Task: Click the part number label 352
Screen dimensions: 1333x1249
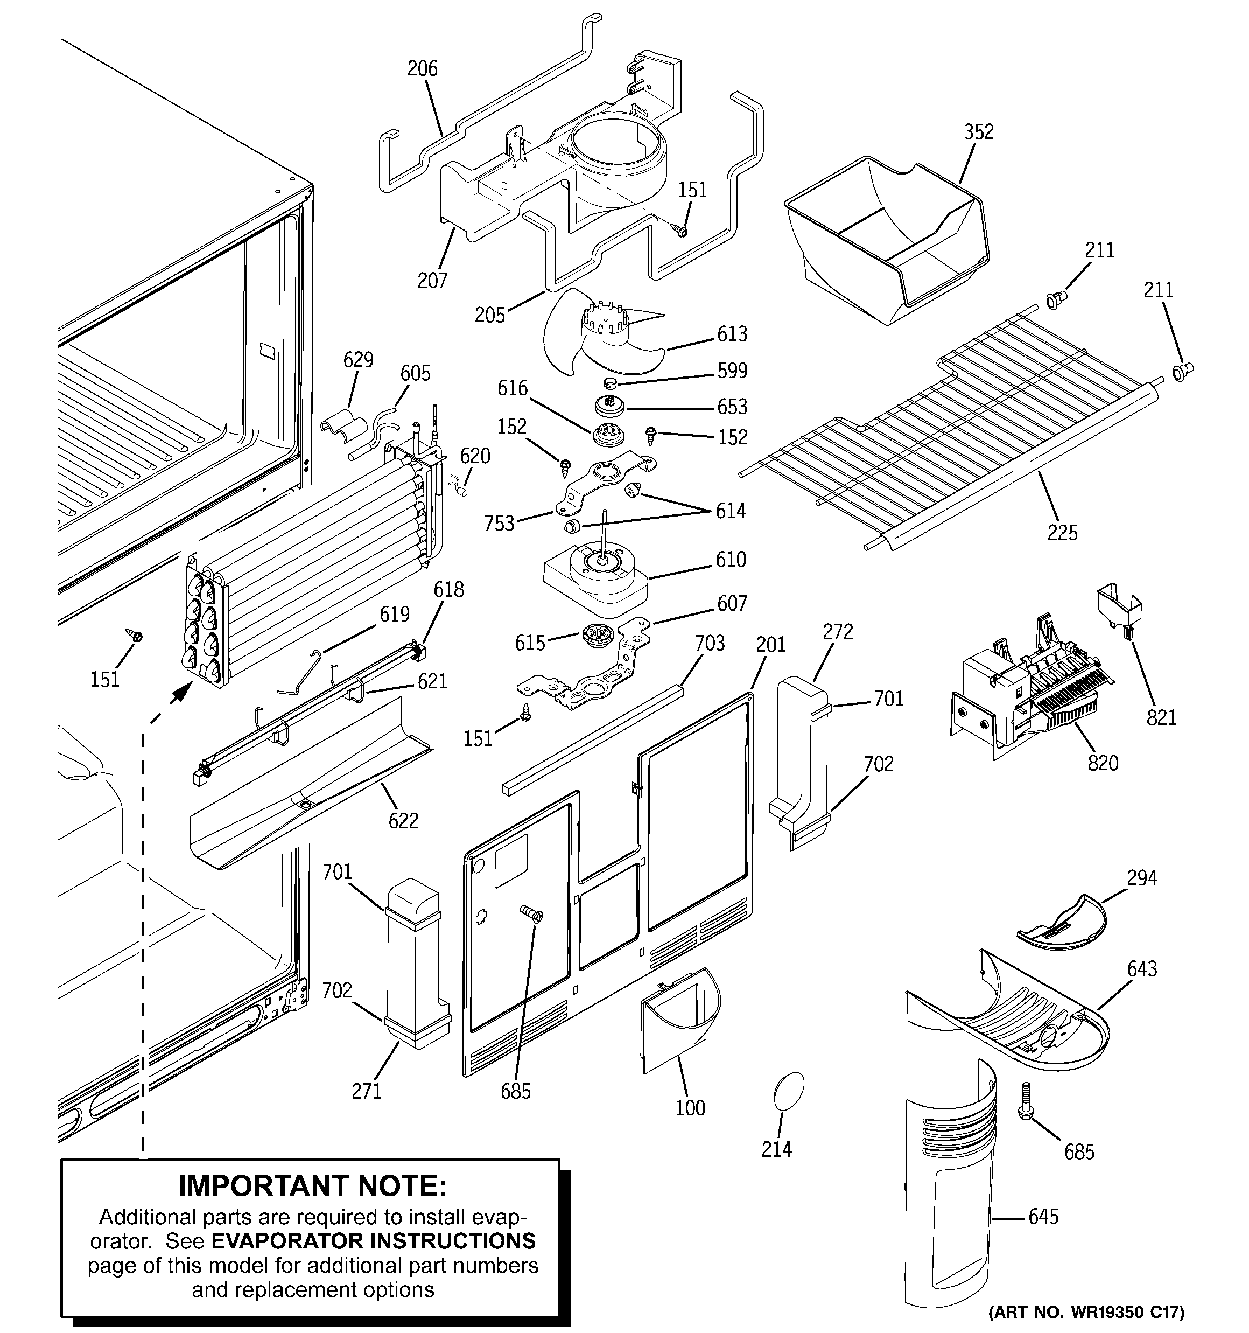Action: [978, 132]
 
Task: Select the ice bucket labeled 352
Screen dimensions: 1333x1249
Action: [885, 235]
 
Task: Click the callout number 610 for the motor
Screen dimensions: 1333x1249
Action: [731, 559]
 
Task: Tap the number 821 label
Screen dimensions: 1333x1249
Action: [1161, 717]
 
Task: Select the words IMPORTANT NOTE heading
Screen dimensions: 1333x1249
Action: [312, 1186]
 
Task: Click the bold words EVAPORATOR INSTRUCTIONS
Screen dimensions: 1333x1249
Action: [374, 1240]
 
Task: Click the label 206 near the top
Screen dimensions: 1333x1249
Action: [423, 68]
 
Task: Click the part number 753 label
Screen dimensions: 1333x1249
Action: [499, 523]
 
